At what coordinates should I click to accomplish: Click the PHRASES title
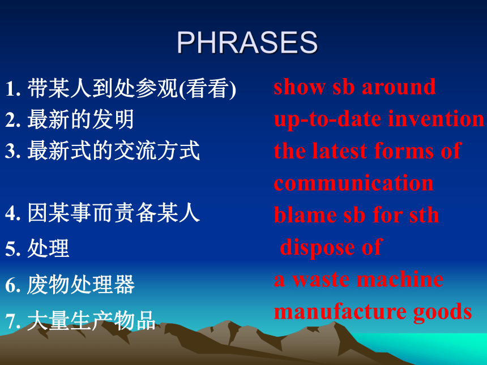[x=247, y=42]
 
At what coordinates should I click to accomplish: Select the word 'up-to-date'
[x=328, y=119]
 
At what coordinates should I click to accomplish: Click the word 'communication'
[x=353, y=183]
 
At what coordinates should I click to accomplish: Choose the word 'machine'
[x=400, y=279]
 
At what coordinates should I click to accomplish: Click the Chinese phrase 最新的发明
[x=81, y=119]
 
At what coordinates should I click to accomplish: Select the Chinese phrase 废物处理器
[x=81, y=284]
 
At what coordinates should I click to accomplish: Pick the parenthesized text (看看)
[x=208, y=89]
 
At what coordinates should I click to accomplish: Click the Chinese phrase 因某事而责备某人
[x=113, y=213]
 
